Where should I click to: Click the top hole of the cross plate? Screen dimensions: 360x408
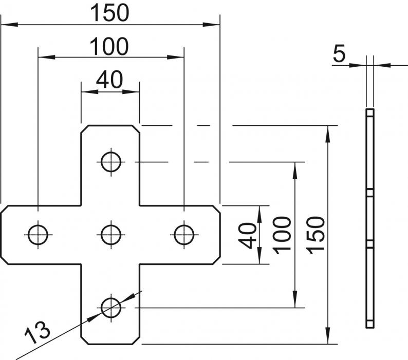(110, 162)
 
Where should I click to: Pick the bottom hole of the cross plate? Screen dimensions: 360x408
(110, 308)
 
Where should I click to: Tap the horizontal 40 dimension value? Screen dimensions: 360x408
(109, 80)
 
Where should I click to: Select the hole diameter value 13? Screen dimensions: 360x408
(38, 332)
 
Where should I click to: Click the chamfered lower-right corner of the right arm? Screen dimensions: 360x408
(217, 260)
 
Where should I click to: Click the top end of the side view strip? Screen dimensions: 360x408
(370, 110)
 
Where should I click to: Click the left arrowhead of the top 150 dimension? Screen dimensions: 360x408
(7, 24)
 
